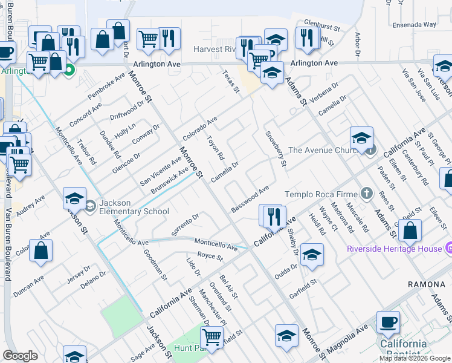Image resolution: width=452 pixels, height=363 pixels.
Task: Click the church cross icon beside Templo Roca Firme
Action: pos(366,194)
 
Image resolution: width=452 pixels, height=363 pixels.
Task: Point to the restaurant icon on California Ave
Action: pos(273,217)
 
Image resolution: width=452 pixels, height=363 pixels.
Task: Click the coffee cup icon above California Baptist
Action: pos(388,322)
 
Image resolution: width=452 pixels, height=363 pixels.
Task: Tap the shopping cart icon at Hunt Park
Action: pos(212,337)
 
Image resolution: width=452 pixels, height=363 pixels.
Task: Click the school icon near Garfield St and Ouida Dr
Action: pos(312,255)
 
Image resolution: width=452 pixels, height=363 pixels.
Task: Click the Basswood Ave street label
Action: pos(250,199)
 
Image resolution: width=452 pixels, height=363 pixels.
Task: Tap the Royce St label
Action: pos(210,257)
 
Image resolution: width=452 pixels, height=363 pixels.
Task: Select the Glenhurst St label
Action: pos(323,28)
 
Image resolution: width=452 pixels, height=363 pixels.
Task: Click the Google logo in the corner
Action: pos(20,355)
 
